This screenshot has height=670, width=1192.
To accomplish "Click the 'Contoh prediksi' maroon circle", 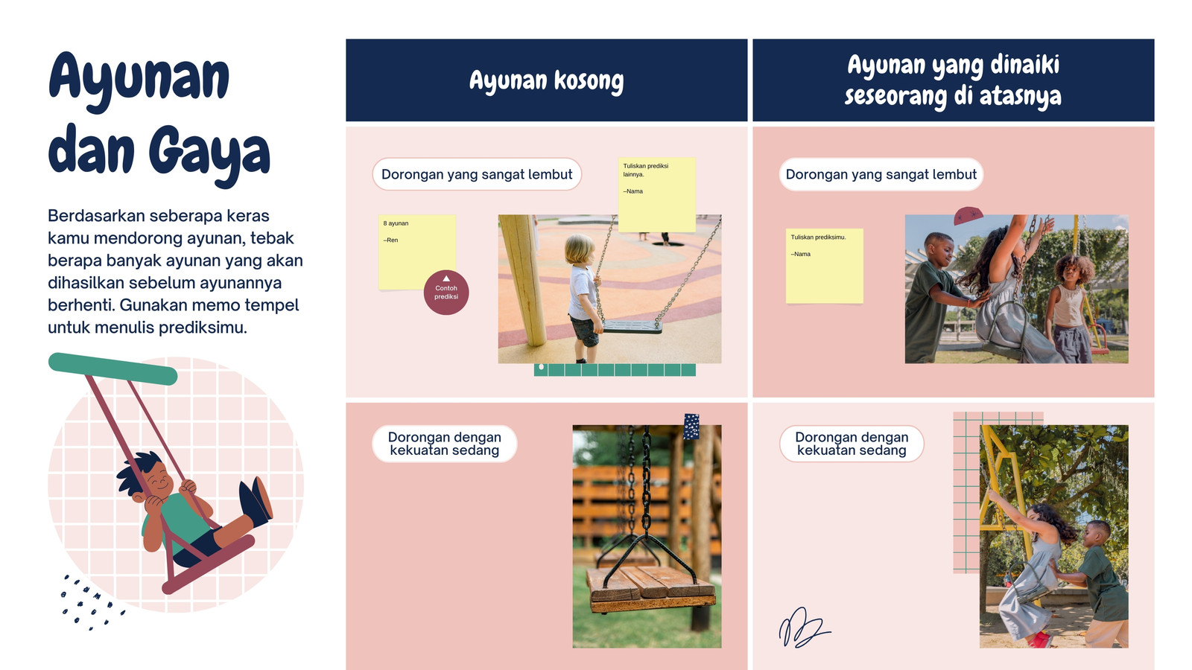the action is [446, 293].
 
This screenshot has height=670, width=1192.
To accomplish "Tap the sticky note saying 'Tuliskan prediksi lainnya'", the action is [656, 194].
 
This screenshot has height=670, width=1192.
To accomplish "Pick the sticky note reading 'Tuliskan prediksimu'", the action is [824, 266].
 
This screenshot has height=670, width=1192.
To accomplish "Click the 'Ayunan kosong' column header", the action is [547, 80].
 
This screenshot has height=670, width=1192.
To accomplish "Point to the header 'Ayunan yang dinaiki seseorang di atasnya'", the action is [953, 80].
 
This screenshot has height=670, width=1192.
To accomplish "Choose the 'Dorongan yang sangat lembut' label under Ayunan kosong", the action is [477, 174].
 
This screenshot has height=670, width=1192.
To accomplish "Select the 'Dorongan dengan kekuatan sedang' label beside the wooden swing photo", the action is [444, 444].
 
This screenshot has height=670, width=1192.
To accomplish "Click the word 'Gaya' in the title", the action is [209, 154].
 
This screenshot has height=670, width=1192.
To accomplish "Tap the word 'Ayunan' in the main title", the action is [139, 80].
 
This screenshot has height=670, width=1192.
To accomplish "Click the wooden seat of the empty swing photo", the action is [651, 587].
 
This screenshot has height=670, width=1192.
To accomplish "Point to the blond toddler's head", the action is [580, 249].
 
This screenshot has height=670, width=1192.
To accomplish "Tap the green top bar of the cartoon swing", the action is [112, 368].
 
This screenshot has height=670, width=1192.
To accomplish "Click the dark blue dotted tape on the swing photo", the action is [691, 427].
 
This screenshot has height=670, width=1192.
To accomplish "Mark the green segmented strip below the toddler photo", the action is [615, 370].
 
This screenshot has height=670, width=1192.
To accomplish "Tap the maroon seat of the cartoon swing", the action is [209, 564].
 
